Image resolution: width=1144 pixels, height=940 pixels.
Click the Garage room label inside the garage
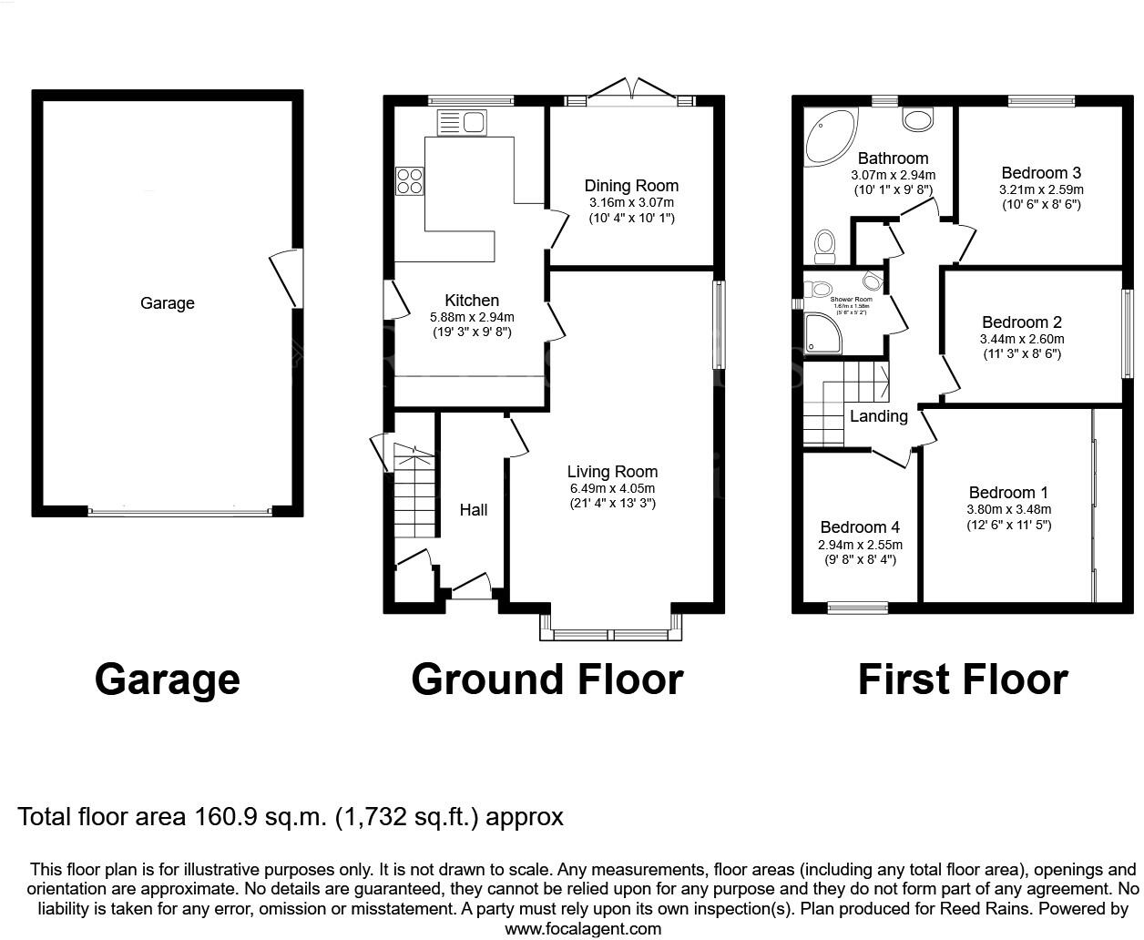pos(167,303)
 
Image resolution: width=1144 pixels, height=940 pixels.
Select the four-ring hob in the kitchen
pos(409,180)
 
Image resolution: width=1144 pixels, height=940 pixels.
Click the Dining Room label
pos(631,186)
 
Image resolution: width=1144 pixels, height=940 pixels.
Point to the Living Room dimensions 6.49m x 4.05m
pos(612,488)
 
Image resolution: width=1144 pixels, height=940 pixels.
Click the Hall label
pos(473,510)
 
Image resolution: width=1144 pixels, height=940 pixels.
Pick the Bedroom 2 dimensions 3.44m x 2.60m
pos(1021,339)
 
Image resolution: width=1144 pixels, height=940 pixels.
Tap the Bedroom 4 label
pos(860,527)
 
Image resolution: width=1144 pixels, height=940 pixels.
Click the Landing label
pos(878,416)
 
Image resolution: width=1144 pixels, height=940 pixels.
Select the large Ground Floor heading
pos(546,679)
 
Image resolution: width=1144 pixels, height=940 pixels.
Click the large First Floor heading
pos(963,679)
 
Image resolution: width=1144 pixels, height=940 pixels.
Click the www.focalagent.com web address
pos(583,929)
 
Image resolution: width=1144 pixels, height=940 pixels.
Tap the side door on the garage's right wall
pos(284,279)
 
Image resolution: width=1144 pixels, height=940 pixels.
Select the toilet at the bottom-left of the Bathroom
pos(826,243)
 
